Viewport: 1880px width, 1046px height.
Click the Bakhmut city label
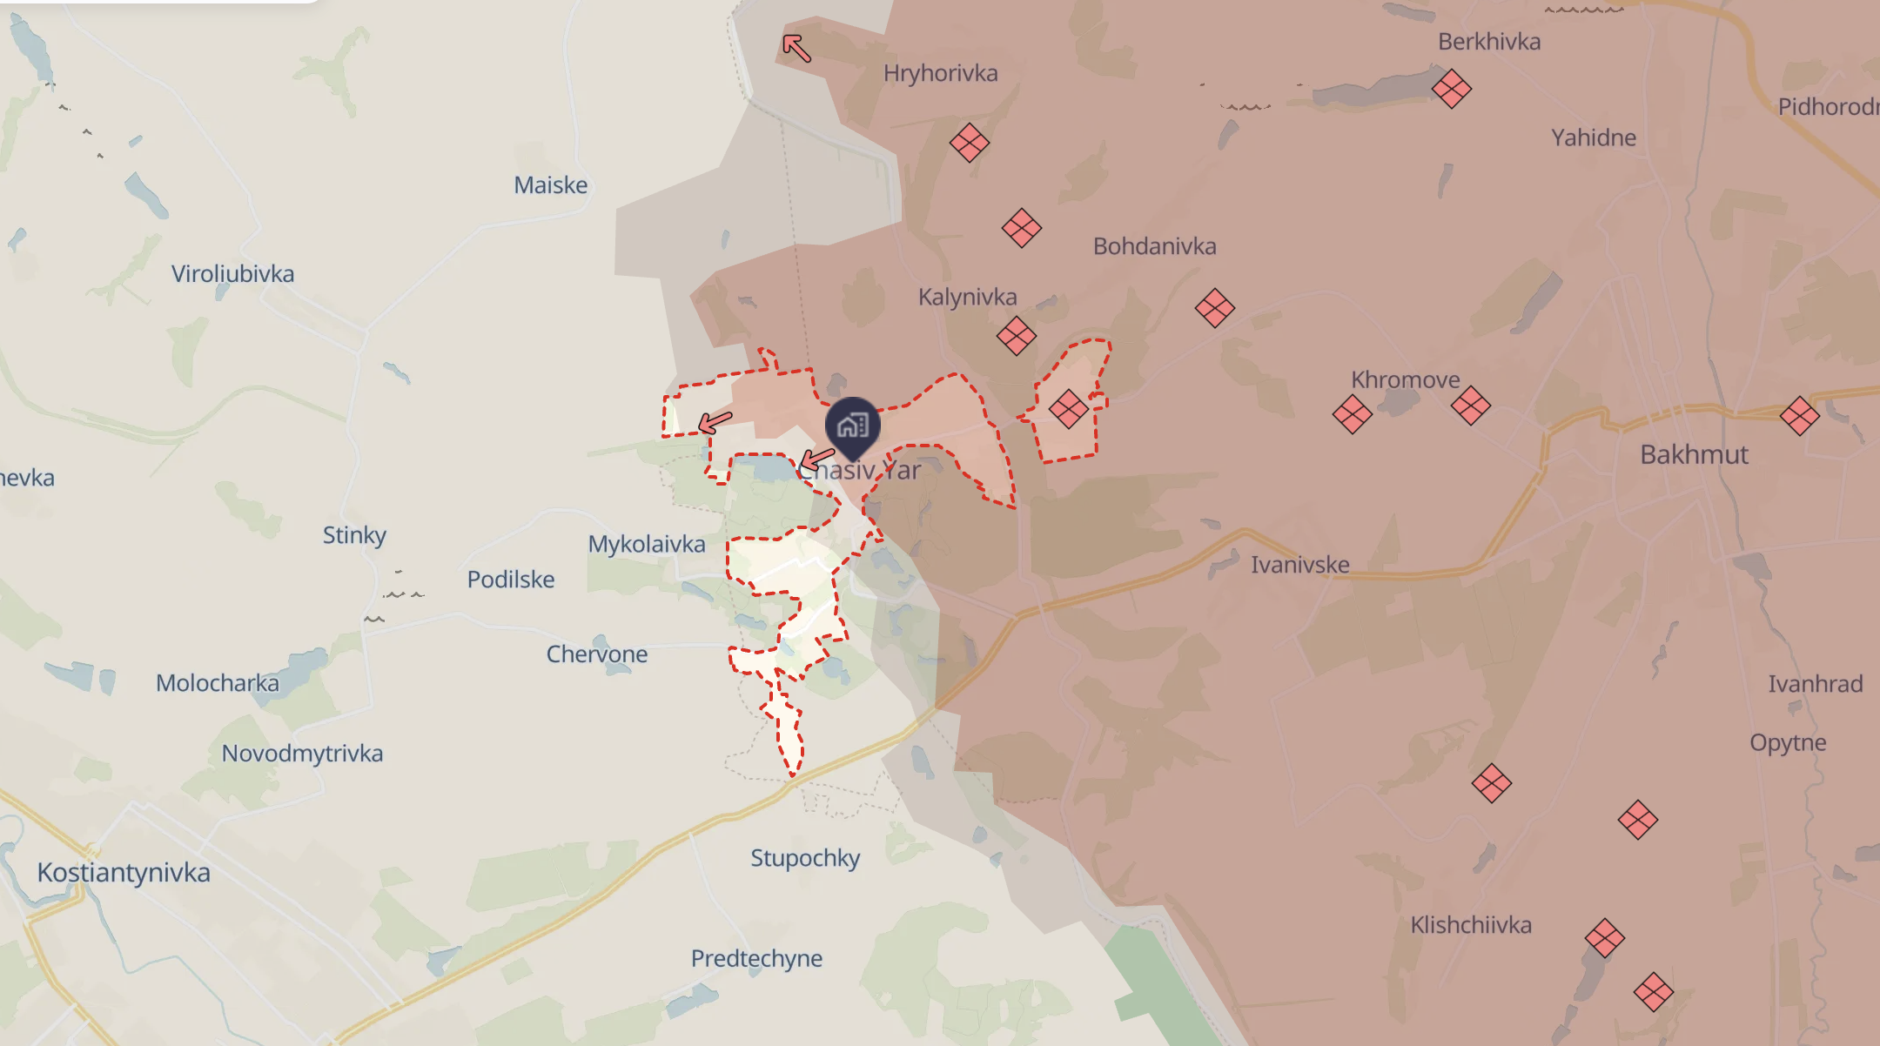[1694, 454]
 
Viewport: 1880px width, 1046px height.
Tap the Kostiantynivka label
[124, 872]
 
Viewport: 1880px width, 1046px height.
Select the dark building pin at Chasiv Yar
[853, 426]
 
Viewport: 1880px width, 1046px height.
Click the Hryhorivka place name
[940, 73]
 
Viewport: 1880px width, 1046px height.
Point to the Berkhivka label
[1488, 42]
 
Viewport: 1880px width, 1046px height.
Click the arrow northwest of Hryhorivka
[796, 48]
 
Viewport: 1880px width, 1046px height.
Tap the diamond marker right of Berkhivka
[1451, 88]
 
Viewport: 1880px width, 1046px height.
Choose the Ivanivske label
[1299, 565]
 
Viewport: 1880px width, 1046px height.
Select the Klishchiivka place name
[1470, 924]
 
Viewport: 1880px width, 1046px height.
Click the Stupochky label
[805, 858]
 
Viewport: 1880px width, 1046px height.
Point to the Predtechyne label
[756, 958]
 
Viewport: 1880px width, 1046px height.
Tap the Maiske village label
[550, 184]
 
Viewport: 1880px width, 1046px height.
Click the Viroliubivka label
[232, 274]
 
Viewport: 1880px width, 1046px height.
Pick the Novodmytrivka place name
[302, 753]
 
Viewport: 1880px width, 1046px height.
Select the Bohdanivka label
[1154, 246]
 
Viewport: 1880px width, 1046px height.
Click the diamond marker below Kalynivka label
[1016, 335]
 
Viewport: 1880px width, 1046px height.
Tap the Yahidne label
[1593, 137]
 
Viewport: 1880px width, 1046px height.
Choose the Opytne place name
[1788, 742]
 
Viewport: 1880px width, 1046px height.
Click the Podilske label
[511, 580]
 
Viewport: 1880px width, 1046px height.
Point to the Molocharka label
[218, 683]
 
